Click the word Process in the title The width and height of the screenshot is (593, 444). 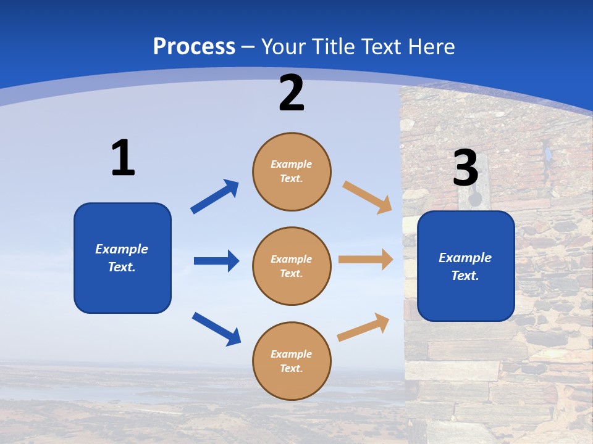194,46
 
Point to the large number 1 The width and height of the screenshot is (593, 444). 123,158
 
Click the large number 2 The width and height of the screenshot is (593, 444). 292,93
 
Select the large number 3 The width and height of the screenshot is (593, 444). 465,168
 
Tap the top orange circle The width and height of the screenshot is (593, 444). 292,171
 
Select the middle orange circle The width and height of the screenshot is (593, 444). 292,266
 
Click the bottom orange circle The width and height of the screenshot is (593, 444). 292,361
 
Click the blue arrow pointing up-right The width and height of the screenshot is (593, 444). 215,197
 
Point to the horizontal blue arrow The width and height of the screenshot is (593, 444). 216,261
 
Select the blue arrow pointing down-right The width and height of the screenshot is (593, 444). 216,329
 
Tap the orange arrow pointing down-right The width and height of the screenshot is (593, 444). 368,197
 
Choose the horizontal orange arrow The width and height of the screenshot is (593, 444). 366,260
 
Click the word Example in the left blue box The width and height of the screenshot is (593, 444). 122,249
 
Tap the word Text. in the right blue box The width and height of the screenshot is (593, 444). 465,276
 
